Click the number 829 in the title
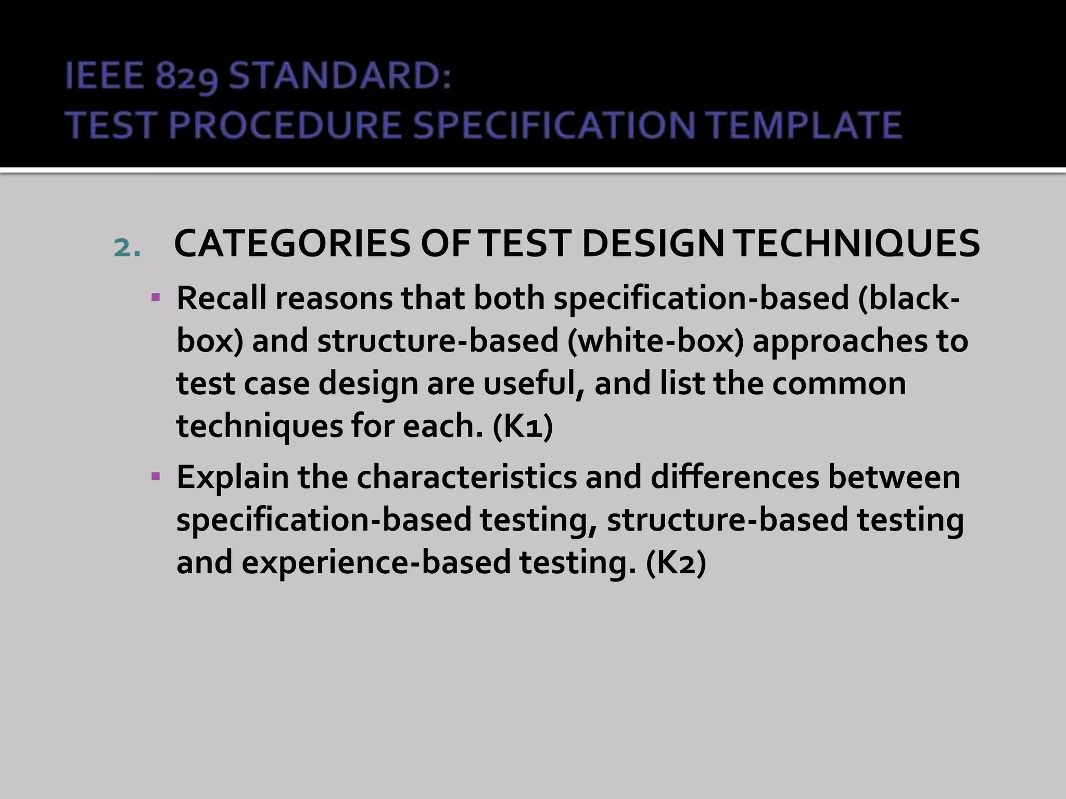(186, 77)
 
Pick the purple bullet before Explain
(155, 476)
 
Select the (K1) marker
(523, 426)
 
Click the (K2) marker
(676, 562)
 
